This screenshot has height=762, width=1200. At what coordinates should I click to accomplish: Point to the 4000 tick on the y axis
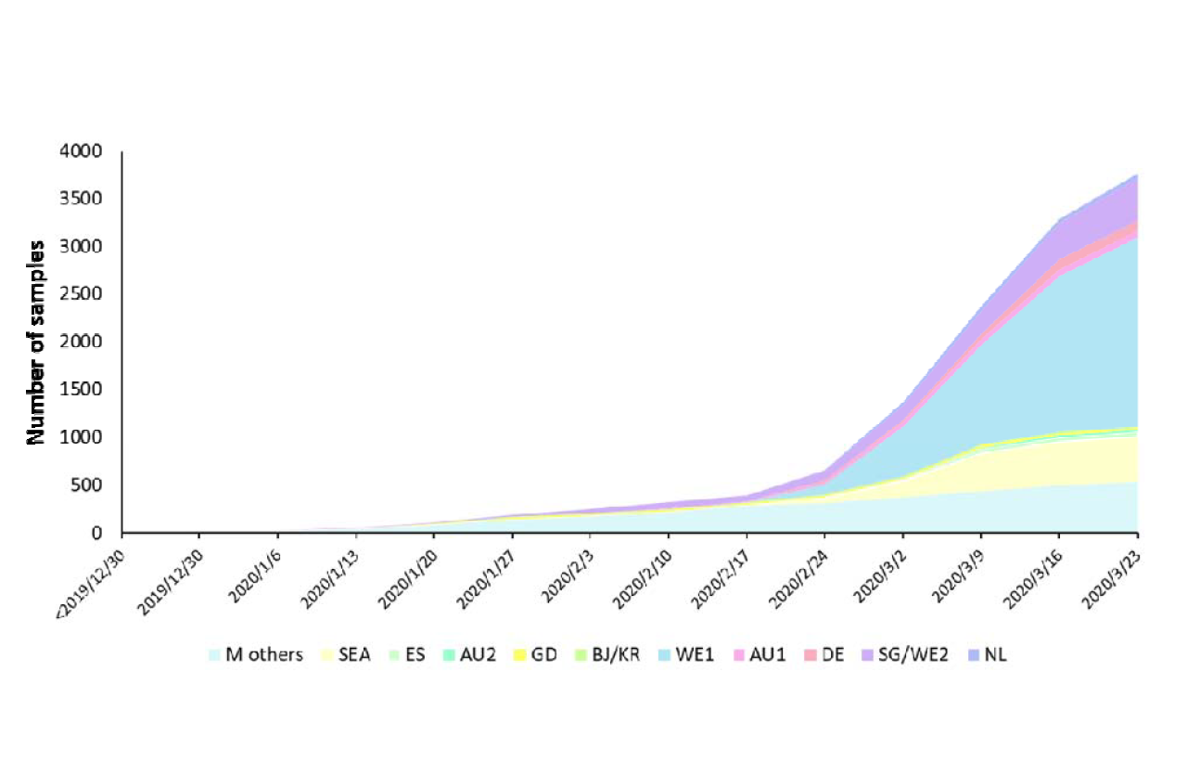click(91, 151)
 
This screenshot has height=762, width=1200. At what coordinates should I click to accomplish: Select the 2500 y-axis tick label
click(91, 294)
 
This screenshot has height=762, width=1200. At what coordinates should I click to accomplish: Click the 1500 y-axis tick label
click(91, 390)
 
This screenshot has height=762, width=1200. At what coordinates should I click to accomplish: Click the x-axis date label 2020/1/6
click(250, 568)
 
